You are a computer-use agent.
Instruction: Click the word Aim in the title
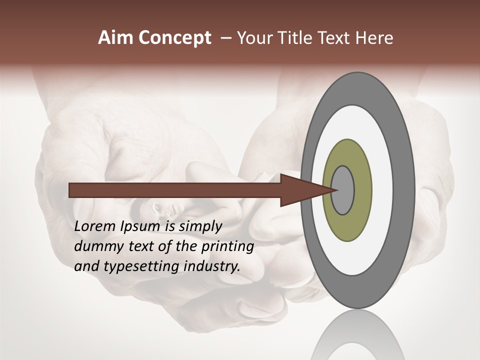[x=116, y=38]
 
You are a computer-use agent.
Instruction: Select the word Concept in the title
[x=174, y=38]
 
